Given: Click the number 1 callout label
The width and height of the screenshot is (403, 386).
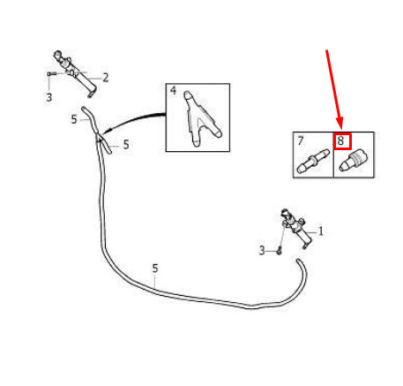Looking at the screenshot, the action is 321,231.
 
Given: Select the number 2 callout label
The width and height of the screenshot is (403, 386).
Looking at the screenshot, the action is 106,78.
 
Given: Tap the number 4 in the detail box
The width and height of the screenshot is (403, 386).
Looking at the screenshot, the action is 173,90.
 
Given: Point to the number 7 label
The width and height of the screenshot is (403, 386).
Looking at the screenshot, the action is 300,140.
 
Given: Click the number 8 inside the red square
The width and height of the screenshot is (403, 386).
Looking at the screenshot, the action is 340,140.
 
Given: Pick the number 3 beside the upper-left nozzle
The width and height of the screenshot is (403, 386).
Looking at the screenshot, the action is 49,97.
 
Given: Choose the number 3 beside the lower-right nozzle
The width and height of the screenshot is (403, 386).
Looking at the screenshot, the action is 262,251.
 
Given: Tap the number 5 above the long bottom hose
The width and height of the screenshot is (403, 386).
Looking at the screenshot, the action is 155,269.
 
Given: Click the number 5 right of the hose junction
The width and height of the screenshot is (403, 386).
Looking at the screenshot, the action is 126,145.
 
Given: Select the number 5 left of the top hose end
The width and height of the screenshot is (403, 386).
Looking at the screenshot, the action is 74,119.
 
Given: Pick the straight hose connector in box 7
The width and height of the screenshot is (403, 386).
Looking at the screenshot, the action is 313,161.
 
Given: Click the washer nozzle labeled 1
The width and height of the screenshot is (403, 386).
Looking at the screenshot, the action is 295,227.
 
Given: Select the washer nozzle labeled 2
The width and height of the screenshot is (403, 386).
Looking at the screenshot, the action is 75,73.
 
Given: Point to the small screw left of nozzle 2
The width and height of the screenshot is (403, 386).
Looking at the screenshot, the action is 52,73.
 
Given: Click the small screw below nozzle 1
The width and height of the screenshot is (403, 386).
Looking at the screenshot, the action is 280,252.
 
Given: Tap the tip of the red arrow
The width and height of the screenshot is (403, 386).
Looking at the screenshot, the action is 341,128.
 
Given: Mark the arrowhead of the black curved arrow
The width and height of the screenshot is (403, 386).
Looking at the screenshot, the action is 107,131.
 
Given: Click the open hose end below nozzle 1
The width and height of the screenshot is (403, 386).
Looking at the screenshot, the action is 299,261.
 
